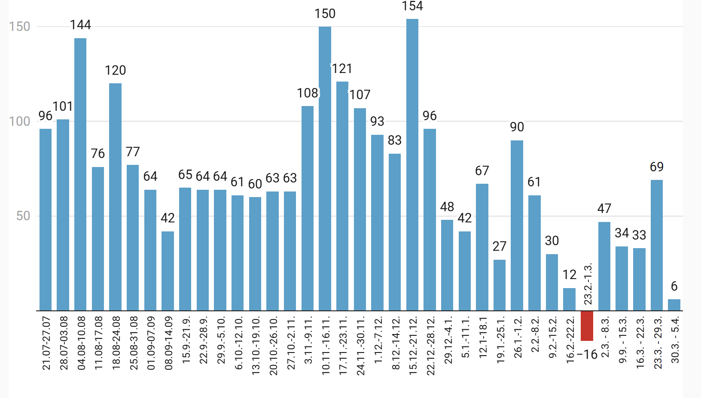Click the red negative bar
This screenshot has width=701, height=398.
pos(587,326)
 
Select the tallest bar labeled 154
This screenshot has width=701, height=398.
pos(412,165)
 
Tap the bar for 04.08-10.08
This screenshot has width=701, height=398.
pos(80,174)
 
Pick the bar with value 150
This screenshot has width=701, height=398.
pos(325,169)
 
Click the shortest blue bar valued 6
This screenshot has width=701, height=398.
pos(674,305)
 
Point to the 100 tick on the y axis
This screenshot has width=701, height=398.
pos(20,122)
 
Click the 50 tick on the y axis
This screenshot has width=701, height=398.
pos(23,216)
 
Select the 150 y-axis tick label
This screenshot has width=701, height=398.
pos(20,27)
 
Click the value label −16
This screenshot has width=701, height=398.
pos(587,355)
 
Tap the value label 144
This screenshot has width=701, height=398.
pos(81,25)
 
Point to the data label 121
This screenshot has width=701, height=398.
pos(342,69)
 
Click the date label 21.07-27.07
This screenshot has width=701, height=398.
pos(46,343)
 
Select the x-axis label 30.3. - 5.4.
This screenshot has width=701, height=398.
pos(675,340)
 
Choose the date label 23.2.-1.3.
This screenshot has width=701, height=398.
pos(588,284)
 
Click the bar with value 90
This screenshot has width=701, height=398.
pos(517,225)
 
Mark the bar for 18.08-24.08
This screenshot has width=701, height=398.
pos(115,197)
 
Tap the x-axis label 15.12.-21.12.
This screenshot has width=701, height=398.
pos(413,346)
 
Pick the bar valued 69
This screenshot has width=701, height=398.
pos(656,245)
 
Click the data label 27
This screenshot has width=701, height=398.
pos(500,246)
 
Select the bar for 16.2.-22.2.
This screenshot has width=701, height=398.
pos(569,299)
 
